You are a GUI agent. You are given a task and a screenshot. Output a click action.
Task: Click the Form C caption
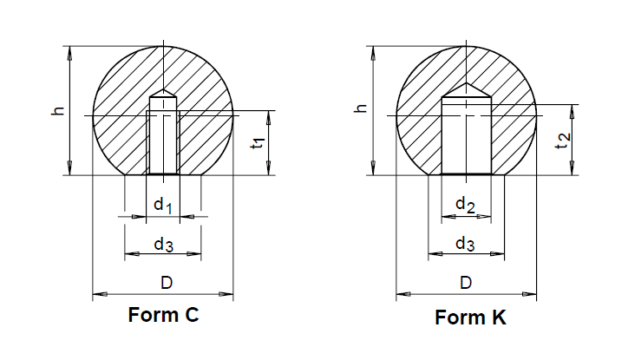163,316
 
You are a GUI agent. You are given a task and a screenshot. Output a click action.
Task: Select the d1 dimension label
164,205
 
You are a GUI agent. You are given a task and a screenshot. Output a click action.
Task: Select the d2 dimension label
466,205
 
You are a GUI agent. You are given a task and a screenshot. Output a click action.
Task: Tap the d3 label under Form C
163,245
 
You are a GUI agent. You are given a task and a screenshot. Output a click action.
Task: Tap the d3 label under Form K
465,245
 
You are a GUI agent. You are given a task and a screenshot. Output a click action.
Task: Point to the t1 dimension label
258,143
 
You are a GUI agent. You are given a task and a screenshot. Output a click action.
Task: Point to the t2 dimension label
561,137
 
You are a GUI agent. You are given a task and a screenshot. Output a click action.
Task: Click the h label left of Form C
57,111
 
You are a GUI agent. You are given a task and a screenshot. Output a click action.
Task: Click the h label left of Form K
362,110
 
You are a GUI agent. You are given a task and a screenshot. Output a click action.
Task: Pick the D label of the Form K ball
466,283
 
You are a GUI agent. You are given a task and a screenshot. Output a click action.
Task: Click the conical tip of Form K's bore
467,89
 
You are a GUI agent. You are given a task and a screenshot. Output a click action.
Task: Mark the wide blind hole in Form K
467,139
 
